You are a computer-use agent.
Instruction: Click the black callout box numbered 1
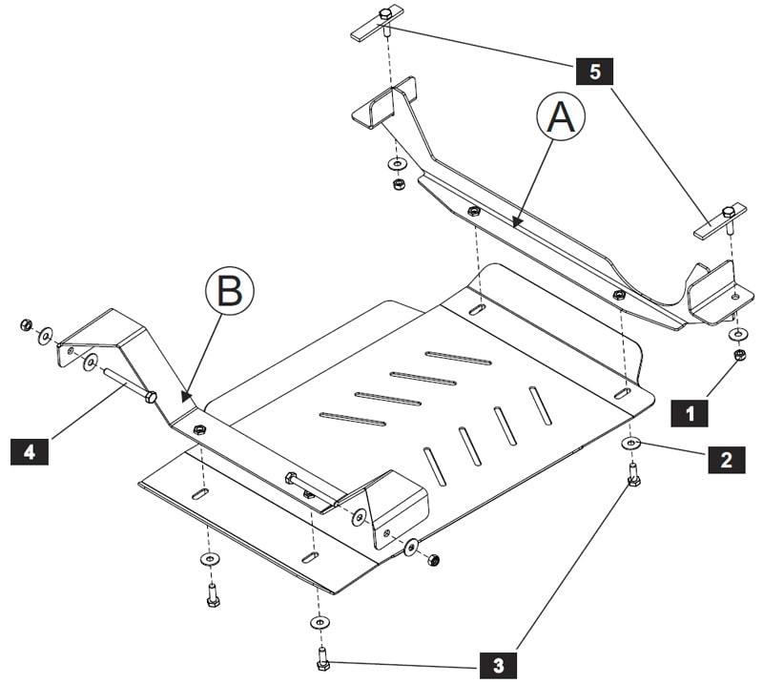[x=689, y=413]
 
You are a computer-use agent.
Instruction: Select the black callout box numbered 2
[x=726, y=459]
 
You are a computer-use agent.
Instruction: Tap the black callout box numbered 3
[x=498, y=662]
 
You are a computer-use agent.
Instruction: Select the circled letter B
[x=229, y=290]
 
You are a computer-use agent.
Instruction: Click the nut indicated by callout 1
[x=738, y=356]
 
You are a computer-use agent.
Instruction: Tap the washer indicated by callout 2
[x=631, y=444]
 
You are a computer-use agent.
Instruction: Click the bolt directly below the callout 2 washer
[x=632, y=473]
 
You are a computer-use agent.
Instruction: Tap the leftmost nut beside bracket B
[x=27, y=326]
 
